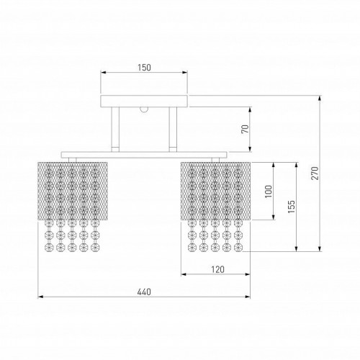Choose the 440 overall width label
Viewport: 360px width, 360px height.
(x=144, y=292)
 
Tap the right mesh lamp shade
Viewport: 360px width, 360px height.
(x=214, y=188)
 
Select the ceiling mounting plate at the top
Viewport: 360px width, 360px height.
(x=144, y=100)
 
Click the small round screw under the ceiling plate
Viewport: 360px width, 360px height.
(x=144, y=109)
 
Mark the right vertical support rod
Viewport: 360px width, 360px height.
(x=173, y=129)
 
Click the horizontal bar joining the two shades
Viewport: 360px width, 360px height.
(x=144, y=154)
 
